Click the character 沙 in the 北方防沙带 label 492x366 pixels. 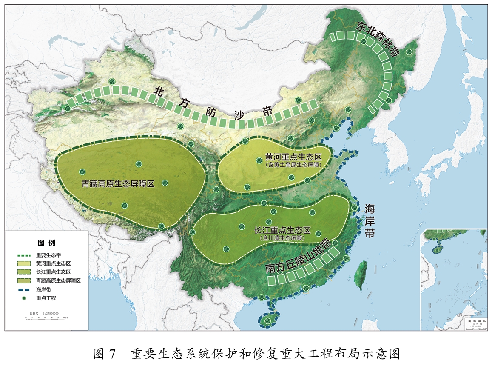[239, 117]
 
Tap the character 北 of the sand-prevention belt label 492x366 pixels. [159, 91]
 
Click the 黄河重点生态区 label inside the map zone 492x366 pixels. [293, 157]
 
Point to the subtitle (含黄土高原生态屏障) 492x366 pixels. [293, 164]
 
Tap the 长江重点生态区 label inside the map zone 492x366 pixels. [282, 230]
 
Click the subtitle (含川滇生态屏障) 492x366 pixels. [282, 238]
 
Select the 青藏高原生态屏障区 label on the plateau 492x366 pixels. [118, 183]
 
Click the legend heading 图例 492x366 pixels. [46, 243]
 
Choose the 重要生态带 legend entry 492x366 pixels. [48, 255]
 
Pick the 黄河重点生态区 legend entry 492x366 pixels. [53, 264]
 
